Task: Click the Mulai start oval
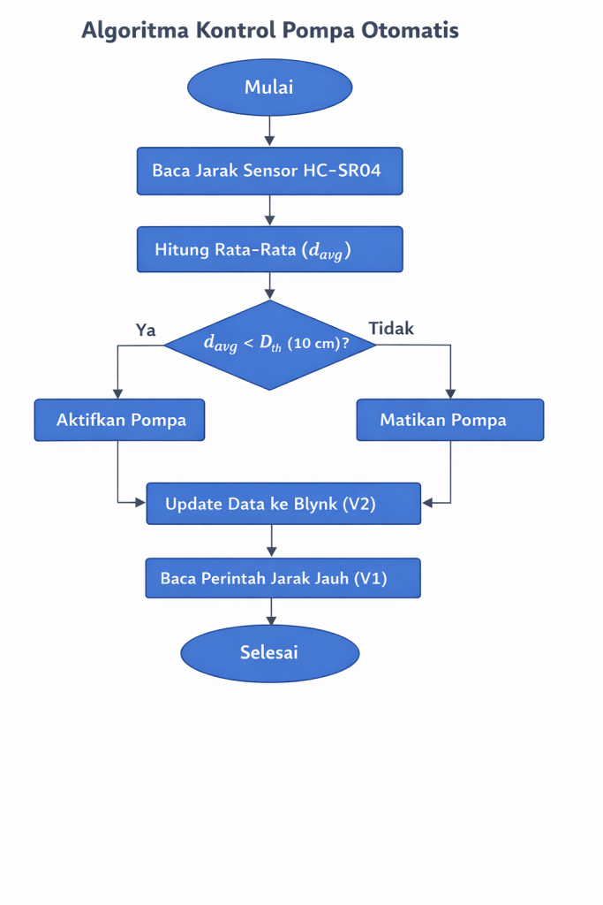(x=269, y=87)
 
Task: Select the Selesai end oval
(x=269, y=653)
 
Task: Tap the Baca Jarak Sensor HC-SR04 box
(x=269, y=171)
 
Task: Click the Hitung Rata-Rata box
(x=269, y=249)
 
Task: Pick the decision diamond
(x=270, y=345)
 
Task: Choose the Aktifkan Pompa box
(x=119, y=420)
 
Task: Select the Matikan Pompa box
(x=449, y=420)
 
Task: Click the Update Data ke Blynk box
(x=283, y=504)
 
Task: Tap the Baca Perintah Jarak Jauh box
(x=283, y=579)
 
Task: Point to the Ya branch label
(x=146, y=330)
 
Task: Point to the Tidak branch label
(x=391, y=329)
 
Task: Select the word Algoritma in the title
(x=134, y=30)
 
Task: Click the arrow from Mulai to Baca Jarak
(x=269, y=131)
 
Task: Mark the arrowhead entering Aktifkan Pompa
(x=118, y=394)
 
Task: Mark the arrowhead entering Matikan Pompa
(x=450, y=394)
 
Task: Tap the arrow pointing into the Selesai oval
(x=270, y=620)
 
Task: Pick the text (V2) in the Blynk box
(x=358, y=504)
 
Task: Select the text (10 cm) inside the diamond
(x=316, y=344)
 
